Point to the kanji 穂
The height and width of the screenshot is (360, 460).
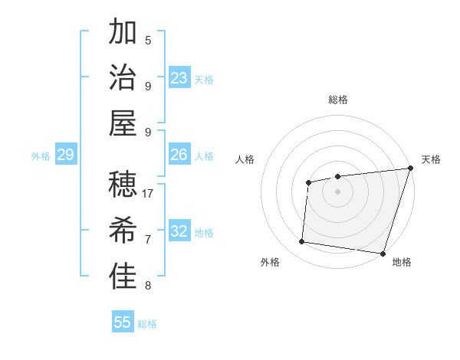point(123,184)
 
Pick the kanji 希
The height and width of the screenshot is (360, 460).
point(123,230)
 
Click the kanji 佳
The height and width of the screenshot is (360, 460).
point(123,276)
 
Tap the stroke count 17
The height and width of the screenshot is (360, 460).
point(148,194)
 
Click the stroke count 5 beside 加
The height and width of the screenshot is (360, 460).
point(148,41)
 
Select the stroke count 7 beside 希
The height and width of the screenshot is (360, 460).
point(148,240)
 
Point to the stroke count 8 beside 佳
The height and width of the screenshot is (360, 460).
point(148,286)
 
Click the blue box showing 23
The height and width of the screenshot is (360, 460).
point(179,78)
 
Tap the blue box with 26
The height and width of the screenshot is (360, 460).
point(179,155)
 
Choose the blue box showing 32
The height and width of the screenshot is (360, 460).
point(179,231)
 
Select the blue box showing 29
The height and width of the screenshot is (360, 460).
point(65,155)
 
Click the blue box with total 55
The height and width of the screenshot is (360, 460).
point(123,322)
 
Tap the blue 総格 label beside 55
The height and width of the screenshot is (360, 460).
point(148,324)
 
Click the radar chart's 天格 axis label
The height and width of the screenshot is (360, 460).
point(431,159)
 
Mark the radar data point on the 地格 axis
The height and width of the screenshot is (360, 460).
point(383,253)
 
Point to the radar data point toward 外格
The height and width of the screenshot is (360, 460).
point(302,242)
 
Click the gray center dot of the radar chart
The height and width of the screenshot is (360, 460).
point(337,191)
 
